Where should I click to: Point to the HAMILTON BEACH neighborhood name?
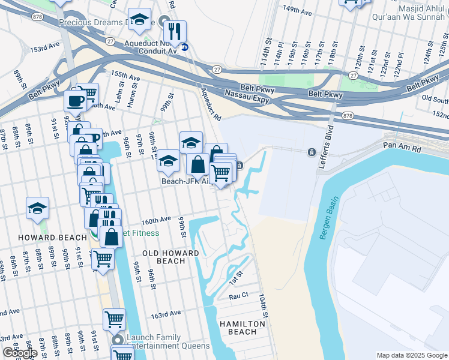(x=242, y=328)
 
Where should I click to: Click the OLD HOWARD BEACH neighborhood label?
(x=170, y=257)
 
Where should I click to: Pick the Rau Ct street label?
(x=238, y=296)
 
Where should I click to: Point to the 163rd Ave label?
(x=166, y=314)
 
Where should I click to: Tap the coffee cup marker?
(x=76, y=100)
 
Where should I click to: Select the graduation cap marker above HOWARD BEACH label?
(x=37, y=208)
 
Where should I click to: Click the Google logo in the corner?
(x=19, y=353)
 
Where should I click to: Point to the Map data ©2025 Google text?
(x=411, y=355)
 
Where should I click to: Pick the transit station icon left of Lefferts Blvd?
(x=312, y=152)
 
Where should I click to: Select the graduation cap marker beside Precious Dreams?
(x=139, y=20)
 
